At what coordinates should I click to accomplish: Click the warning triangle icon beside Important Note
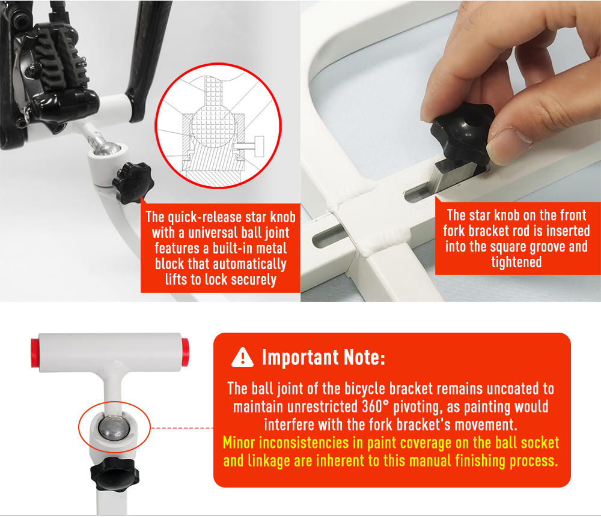click(242, 358)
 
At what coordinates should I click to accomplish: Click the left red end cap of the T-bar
click(35, 352)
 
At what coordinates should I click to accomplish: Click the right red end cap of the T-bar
click(185, 352)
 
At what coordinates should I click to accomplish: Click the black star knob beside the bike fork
click(133, 183)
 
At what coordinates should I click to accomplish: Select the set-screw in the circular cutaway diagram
click(249, 146)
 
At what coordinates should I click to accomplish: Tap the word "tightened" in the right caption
click(516, 262)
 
